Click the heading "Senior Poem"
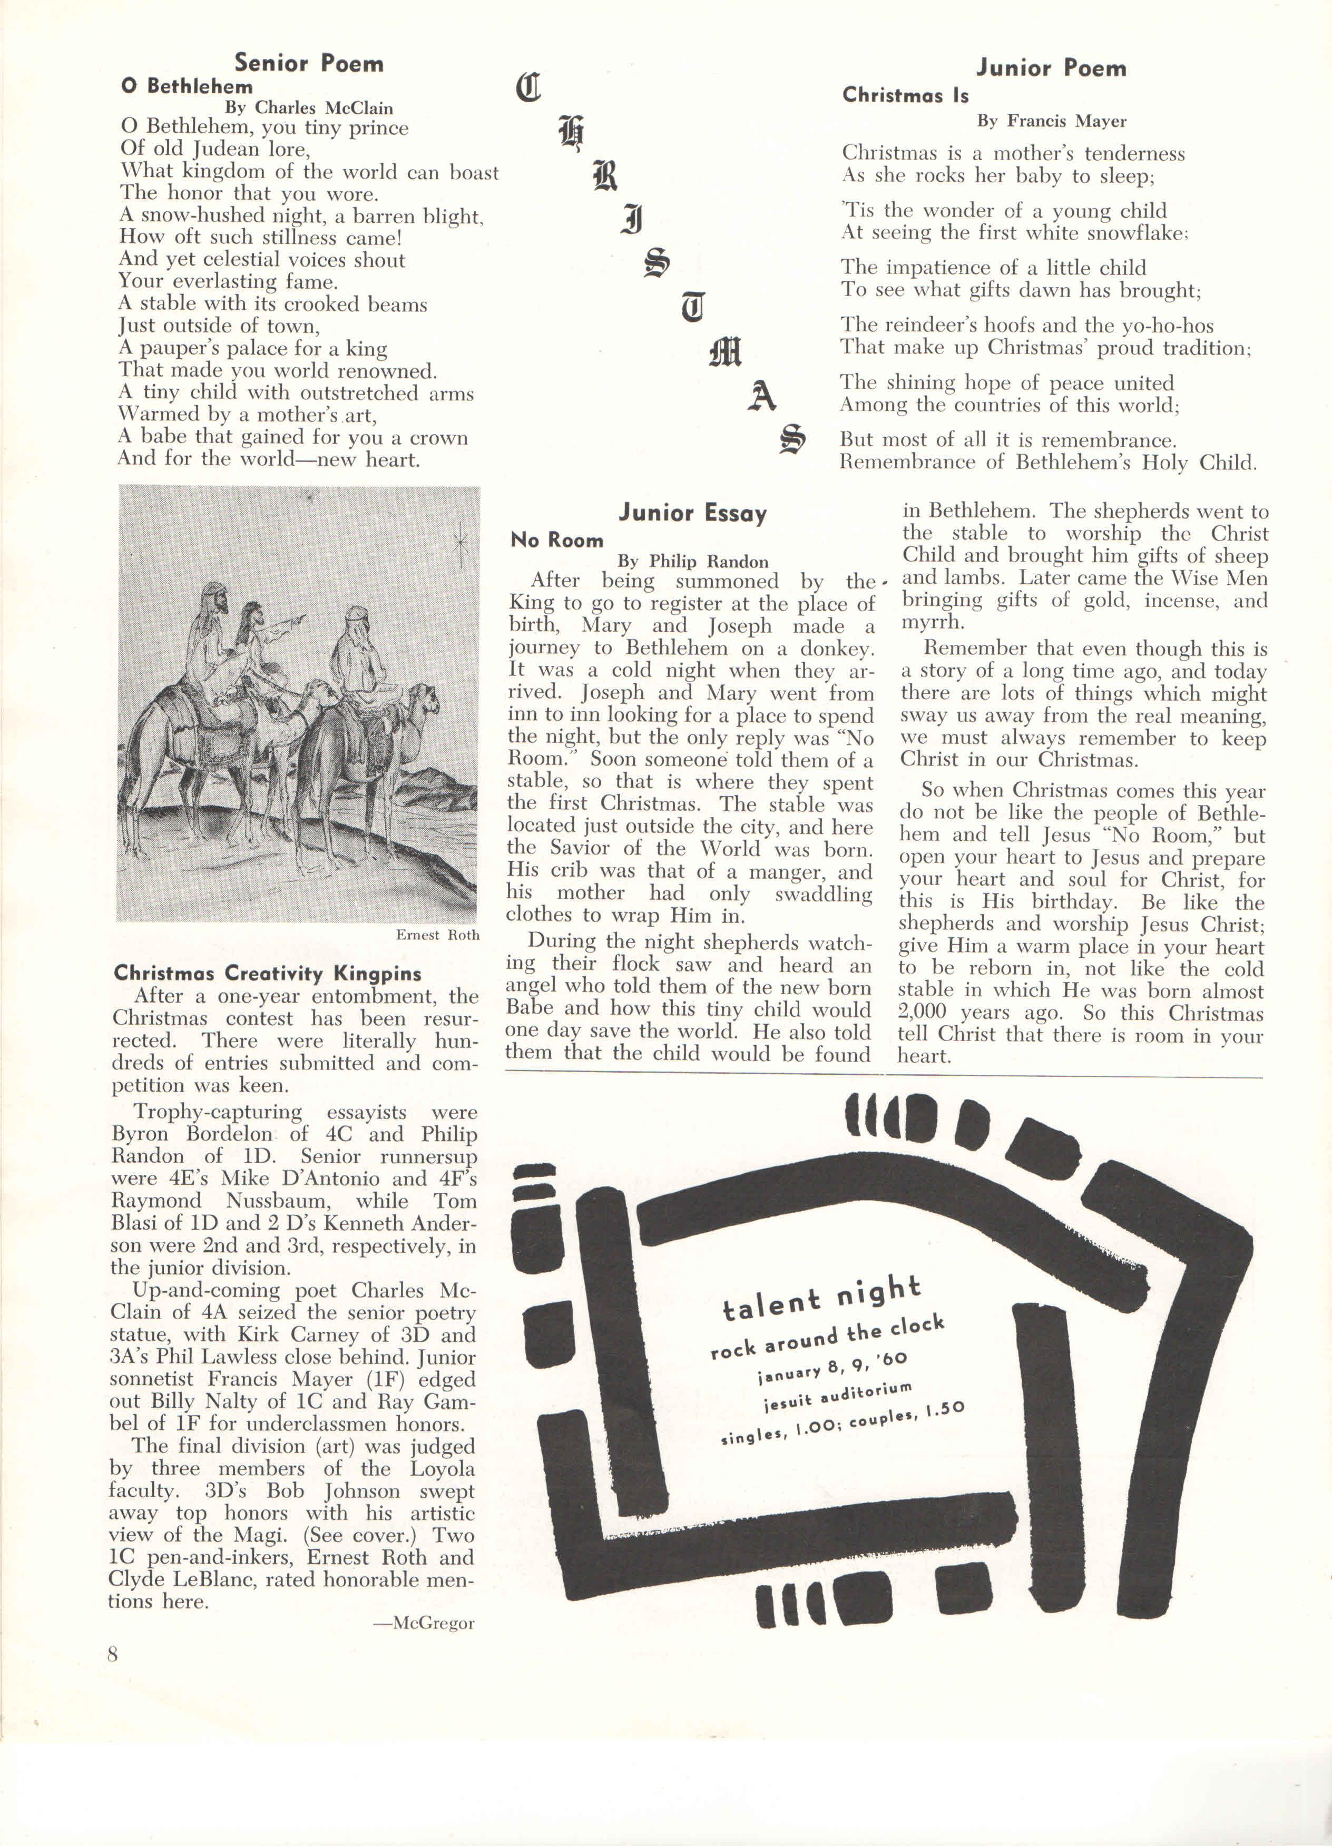[309, 64]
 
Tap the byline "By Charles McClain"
[309, 107]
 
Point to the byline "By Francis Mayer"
[1051, 121]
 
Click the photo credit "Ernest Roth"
[437, 935]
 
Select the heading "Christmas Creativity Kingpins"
[268, 974]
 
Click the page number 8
[112, 1654]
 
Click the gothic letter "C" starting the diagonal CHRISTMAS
[528, 87]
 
